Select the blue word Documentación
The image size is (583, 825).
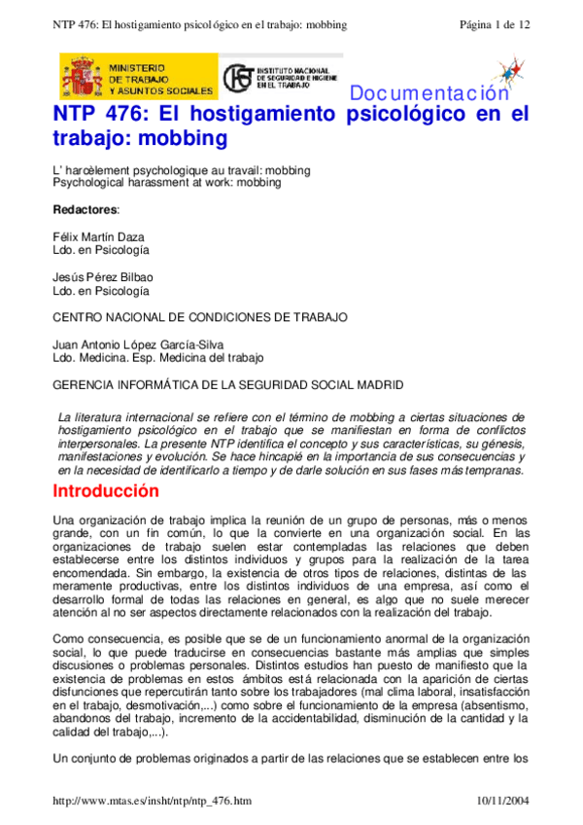[429, 94]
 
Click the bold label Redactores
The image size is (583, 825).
[86, 209]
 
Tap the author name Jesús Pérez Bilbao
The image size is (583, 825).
[102, 277]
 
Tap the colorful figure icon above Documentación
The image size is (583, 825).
[505, 70]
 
